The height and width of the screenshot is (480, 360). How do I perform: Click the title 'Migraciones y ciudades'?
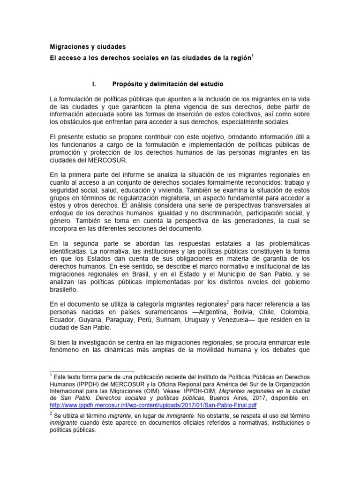pyautogui.click(x=88, y=47)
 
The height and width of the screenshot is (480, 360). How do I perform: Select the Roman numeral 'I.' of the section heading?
pyautogui.click(x=92, y=85)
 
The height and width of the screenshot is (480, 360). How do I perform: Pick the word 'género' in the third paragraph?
pyautogui.click(x=64, y=221)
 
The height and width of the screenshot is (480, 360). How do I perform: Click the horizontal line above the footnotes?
pyautogui.click(x=91, y=370)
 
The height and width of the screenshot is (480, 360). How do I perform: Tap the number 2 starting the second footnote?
pyautogui.click(x=51, y=414)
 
